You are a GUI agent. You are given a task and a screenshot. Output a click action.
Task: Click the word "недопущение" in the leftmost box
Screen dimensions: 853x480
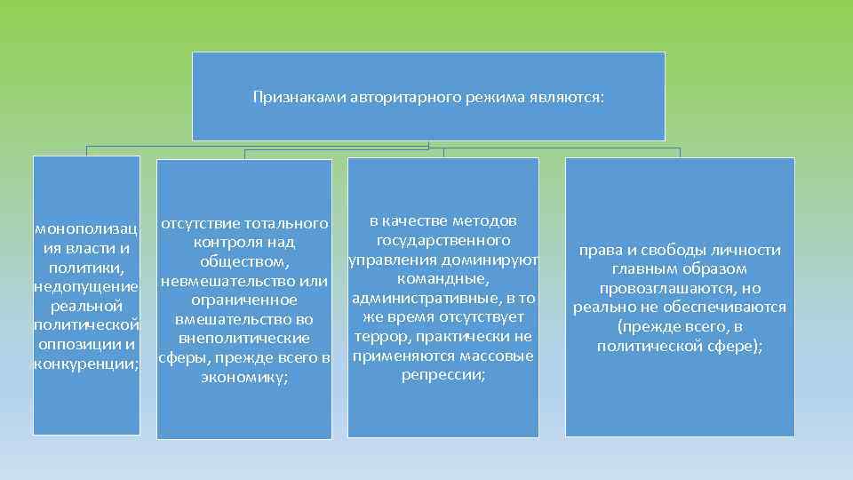tap(85, 286)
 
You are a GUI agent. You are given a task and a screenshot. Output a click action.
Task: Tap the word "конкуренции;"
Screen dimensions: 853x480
tap(85, 364)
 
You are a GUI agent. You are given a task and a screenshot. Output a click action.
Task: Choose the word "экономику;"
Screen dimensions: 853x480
tap(243, 378)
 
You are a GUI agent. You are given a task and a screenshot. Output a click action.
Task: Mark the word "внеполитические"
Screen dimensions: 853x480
tap(243, 339)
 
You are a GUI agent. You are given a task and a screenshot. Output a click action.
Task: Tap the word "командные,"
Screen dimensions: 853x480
tap(442, 278)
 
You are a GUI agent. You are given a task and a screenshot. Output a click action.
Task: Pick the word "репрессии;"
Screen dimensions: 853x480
tap(442, 374)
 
